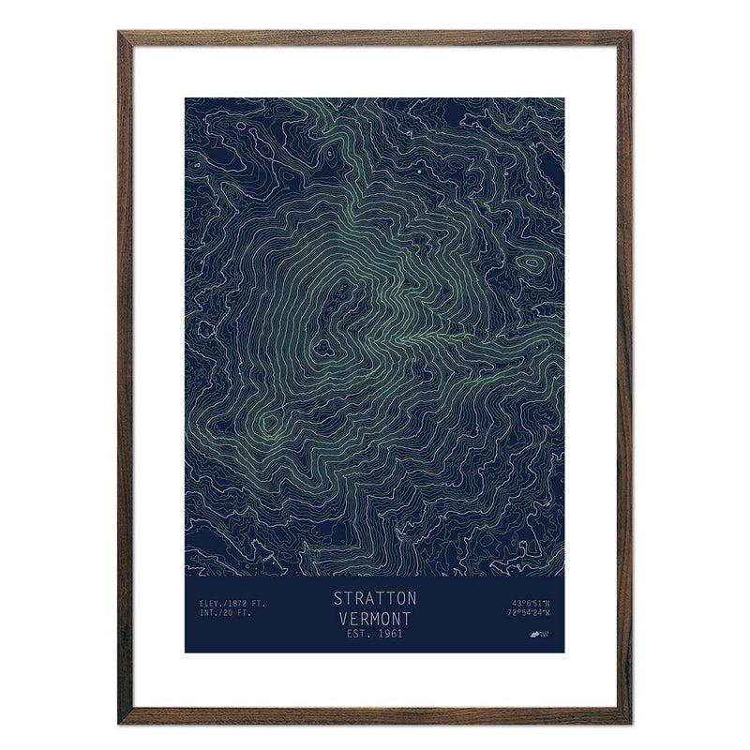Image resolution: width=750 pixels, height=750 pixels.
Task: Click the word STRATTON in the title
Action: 375,598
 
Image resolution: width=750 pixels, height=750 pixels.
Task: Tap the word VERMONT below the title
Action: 375,618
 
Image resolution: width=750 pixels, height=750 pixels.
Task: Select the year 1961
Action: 390,636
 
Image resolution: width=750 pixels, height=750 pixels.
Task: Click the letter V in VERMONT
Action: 339,618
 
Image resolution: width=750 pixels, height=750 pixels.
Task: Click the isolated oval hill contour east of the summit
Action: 532,264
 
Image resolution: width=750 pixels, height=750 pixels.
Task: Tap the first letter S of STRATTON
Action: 337,598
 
